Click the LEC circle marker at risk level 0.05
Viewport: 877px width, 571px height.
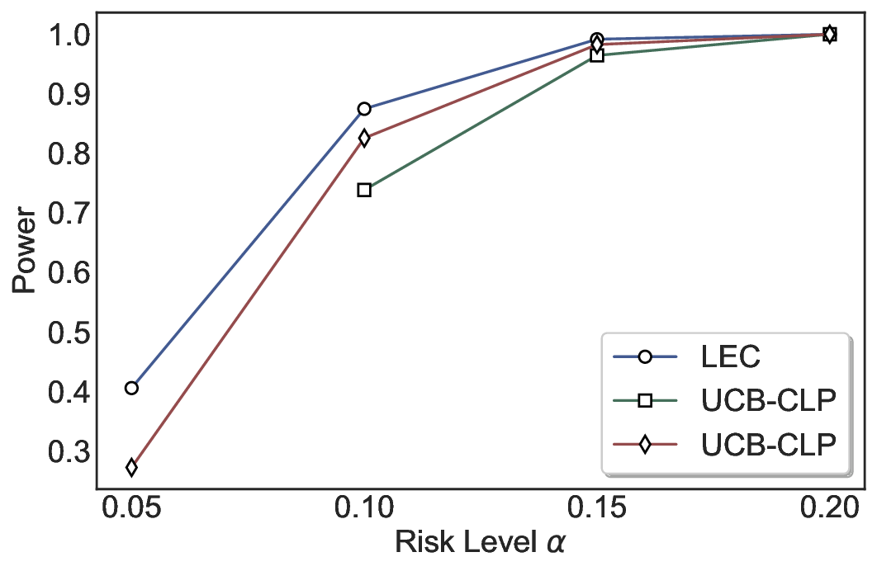pos(131,388)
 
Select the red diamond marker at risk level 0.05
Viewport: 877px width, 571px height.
pos(131,468)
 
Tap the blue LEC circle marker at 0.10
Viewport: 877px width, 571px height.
pos(364,109)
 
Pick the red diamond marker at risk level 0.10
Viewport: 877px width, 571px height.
pos(364,139)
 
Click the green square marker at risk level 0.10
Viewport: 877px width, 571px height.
pos(364,190)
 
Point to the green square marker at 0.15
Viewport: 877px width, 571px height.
pos(597,55)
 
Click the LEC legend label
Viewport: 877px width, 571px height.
pos(730,357)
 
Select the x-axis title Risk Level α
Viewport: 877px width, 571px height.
pos(481,545)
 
